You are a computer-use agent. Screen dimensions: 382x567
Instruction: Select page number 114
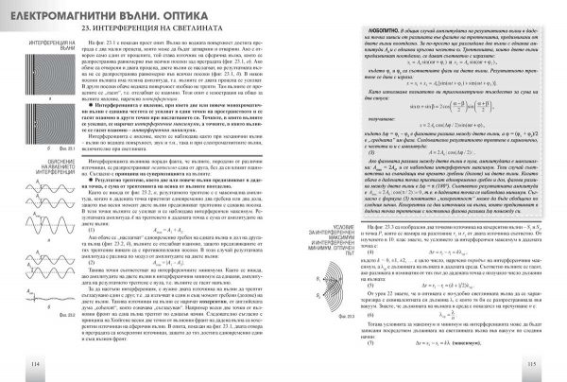coord(9,365)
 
